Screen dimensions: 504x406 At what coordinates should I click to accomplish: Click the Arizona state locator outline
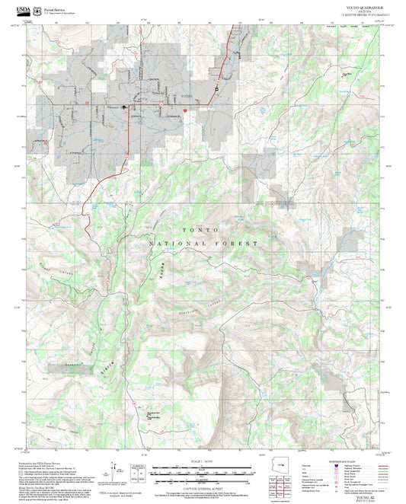(x=283, y=465)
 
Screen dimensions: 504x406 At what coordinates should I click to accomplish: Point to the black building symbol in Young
(x=124, y=107)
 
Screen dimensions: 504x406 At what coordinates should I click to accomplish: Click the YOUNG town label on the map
(x=187, y=97)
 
